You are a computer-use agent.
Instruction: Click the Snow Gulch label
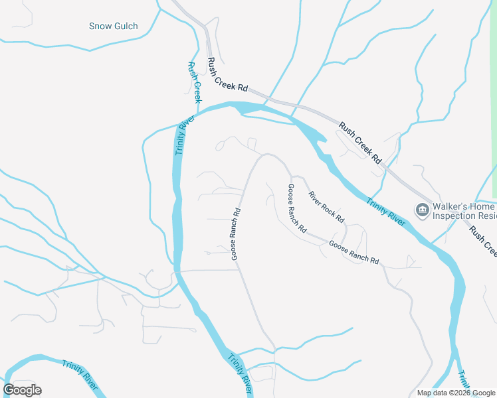114,27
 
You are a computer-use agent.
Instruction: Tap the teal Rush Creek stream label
193,82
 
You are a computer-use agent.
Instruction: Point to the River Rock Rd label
326,206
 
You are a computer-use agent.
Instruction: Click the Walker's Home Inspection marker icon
422,210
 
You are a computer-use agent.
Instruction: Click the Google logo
22,390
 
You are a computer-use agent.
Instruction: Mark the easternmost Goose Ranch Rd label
353,252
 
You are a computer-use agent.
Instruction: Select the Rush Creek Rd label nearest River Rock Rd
359,142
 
